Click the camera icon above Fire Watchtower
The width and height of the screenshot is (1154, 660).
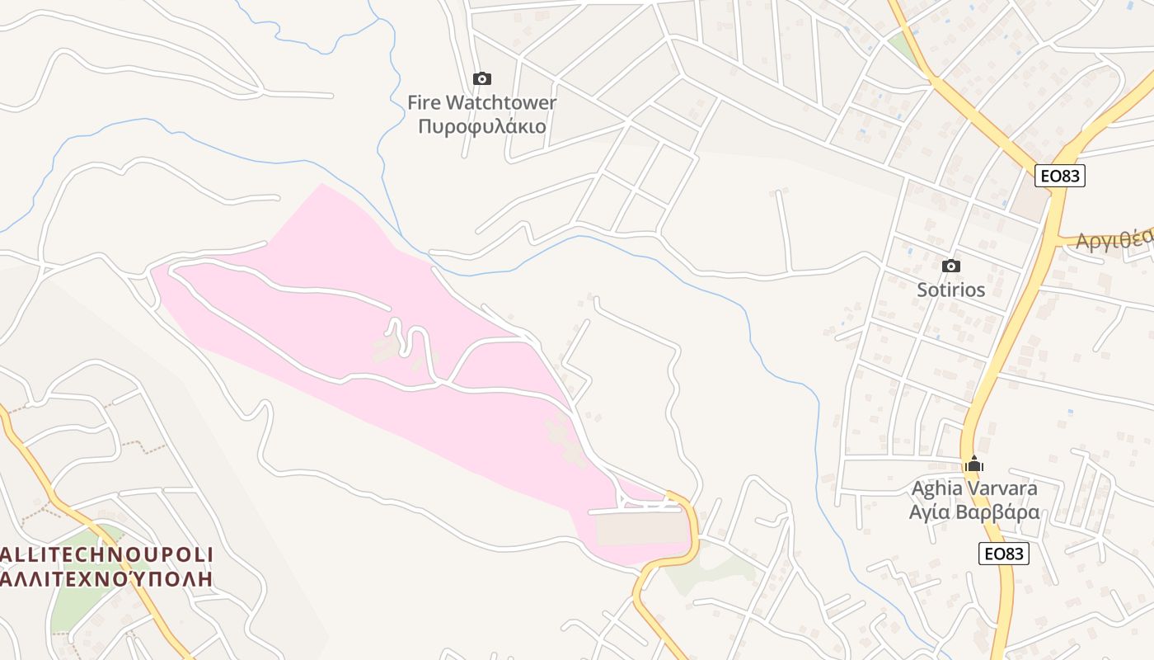(x=482, y=79)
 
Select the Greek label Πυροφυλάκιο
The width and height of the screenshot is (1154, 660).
(x=482, y=126)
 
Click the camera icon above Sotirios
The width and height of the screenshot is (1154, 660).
(x=951, y=266)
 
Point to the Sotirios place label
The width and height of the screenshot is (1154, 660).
(x=951, y=290)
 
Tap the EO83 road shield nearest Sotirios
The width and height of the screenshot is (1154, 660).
(x=1060, y=176)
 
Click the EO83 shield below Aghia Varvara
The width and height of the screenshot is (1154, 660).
(x=1004, y=554)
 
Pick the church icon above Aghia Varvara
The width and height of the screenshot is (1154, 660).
(x=974, y=464)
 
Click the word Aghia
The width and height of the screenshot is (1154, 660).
(x=936, y=488)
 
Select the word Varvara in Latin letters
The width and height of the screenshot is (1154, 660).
(x=1002, y=488)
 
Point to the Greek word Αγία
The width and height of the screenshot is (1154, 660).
(x=931, y=512)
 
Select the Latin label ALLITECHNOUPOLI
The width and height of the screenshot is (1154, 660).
(x=107, y=554)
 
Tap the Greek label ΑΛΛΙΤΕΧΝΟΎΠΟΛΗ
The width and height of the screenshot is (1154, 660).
(x=107, y=577)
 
